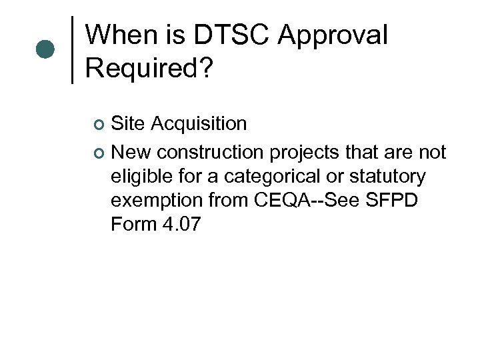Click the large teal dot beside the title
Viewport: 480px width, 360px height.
[x=45, y=49]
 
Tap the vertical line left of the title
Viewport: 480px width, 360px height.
[x=72, y=49]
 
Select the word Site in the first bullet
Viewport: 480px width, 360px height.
[x=129, y=123]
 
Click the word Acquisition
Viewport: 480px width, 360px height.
[x=199, y=123]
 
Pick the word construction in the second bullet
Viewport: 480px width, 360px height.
[x=213, y=153]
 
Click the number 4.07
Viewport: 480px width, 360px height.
[x=181, y=225]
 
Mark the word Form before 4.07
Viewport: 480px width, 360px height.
[x=133, y=225]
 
